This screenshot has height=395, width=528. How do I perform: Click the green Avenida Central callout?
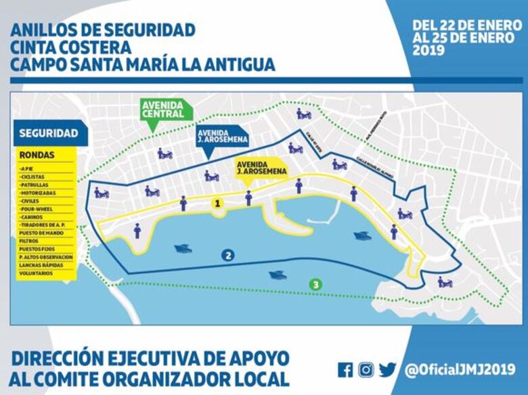coord(163,109)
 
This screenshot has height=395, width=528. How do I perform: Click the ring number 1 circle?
coord(217,203)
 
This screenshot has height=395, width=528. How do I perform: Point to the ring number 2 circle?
coord(228,255)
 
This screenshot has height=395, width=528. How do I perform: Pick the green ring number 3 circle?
coord(315,285)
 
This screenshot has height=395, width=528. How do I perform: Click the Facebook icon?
coord(345,370)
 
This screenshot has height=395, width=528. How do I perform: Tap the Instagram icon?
coord(366,370)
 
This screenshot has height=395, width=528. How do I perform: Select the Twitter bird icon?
coord(387,370)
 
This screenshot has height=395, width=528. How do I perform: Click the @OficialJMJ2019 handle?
coord(460,370)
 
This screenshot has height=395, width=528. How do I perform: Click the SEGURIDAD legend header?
coord(48,133)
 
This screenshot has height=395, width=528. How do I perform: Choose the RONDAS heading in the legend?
coord(37,155)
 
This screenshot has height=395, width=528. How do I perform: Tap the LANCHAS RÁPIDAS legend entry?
coord(43,265)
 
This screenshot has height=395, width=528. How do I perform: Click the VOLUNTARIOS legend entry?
coord(39,273)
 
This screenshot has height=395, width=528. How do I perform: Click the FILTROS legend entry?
coord(30,241)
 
